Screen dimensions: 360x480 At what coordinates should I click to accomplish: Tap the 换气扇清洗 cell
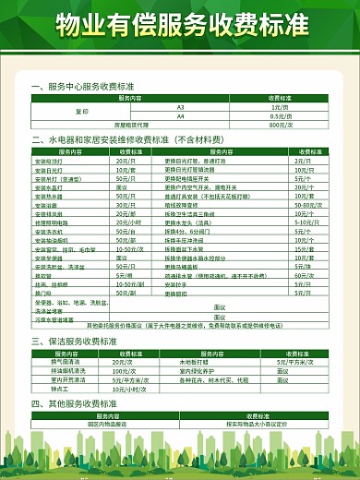[70, 362]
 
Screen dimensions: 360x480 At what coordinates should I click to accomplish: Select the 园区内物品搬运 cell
[104, 424]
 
